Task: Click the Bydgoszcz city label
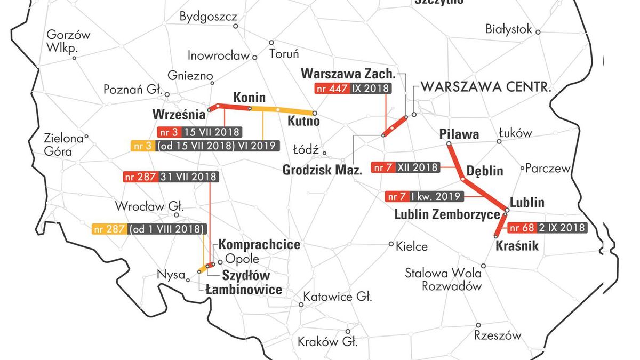tap(208, 17)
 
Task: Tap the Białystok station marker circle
tap(538, 32)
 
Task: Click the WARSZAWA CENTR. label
tap(485, 87)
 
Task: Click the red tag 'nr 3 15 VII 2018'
tap(199, 132)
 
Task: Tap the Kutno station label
tap(303, 121)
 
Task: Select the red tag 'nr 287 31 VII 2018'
tap(170, 177)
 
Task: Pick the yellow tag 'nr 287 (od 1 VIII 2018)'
tap(149, 229)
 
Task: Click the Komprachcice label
tap(259, 245)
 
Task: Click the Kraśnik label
tap(517, 246)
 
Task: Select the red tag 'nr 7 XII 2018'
tap(406, 167)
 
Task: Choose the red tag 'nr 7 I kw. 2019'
tap(424, 196)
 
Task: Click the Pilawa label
tap(459, 134)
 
